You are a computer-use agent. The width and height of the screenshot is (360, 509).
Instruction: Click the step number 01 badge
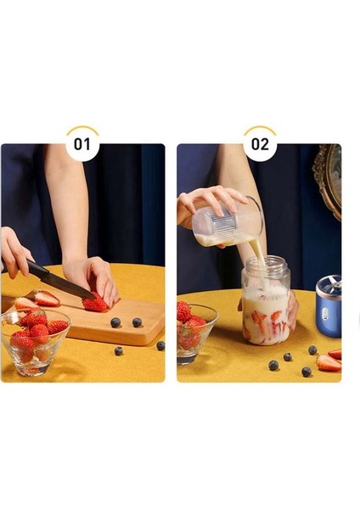click(82, 143)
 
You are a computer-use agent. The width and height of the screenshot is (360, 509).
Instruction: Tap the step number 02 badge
click(260, 143)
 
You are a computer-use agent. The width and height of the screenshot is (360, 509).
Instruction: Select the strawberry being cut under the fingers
click(95, 303)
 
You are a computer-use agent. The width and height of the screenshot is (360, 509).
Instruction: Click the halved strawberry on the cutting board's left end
click(46, 299)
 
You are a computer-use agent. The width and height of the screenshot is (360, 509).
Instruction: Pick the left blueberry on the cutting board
click(115, 322)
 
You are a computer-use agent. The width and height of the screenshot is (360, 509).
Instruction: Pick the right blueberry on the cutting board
click(137, 322)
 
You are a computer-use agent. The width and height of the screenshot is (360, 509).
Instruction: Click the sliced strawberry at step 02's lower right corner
click(329, 362)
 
